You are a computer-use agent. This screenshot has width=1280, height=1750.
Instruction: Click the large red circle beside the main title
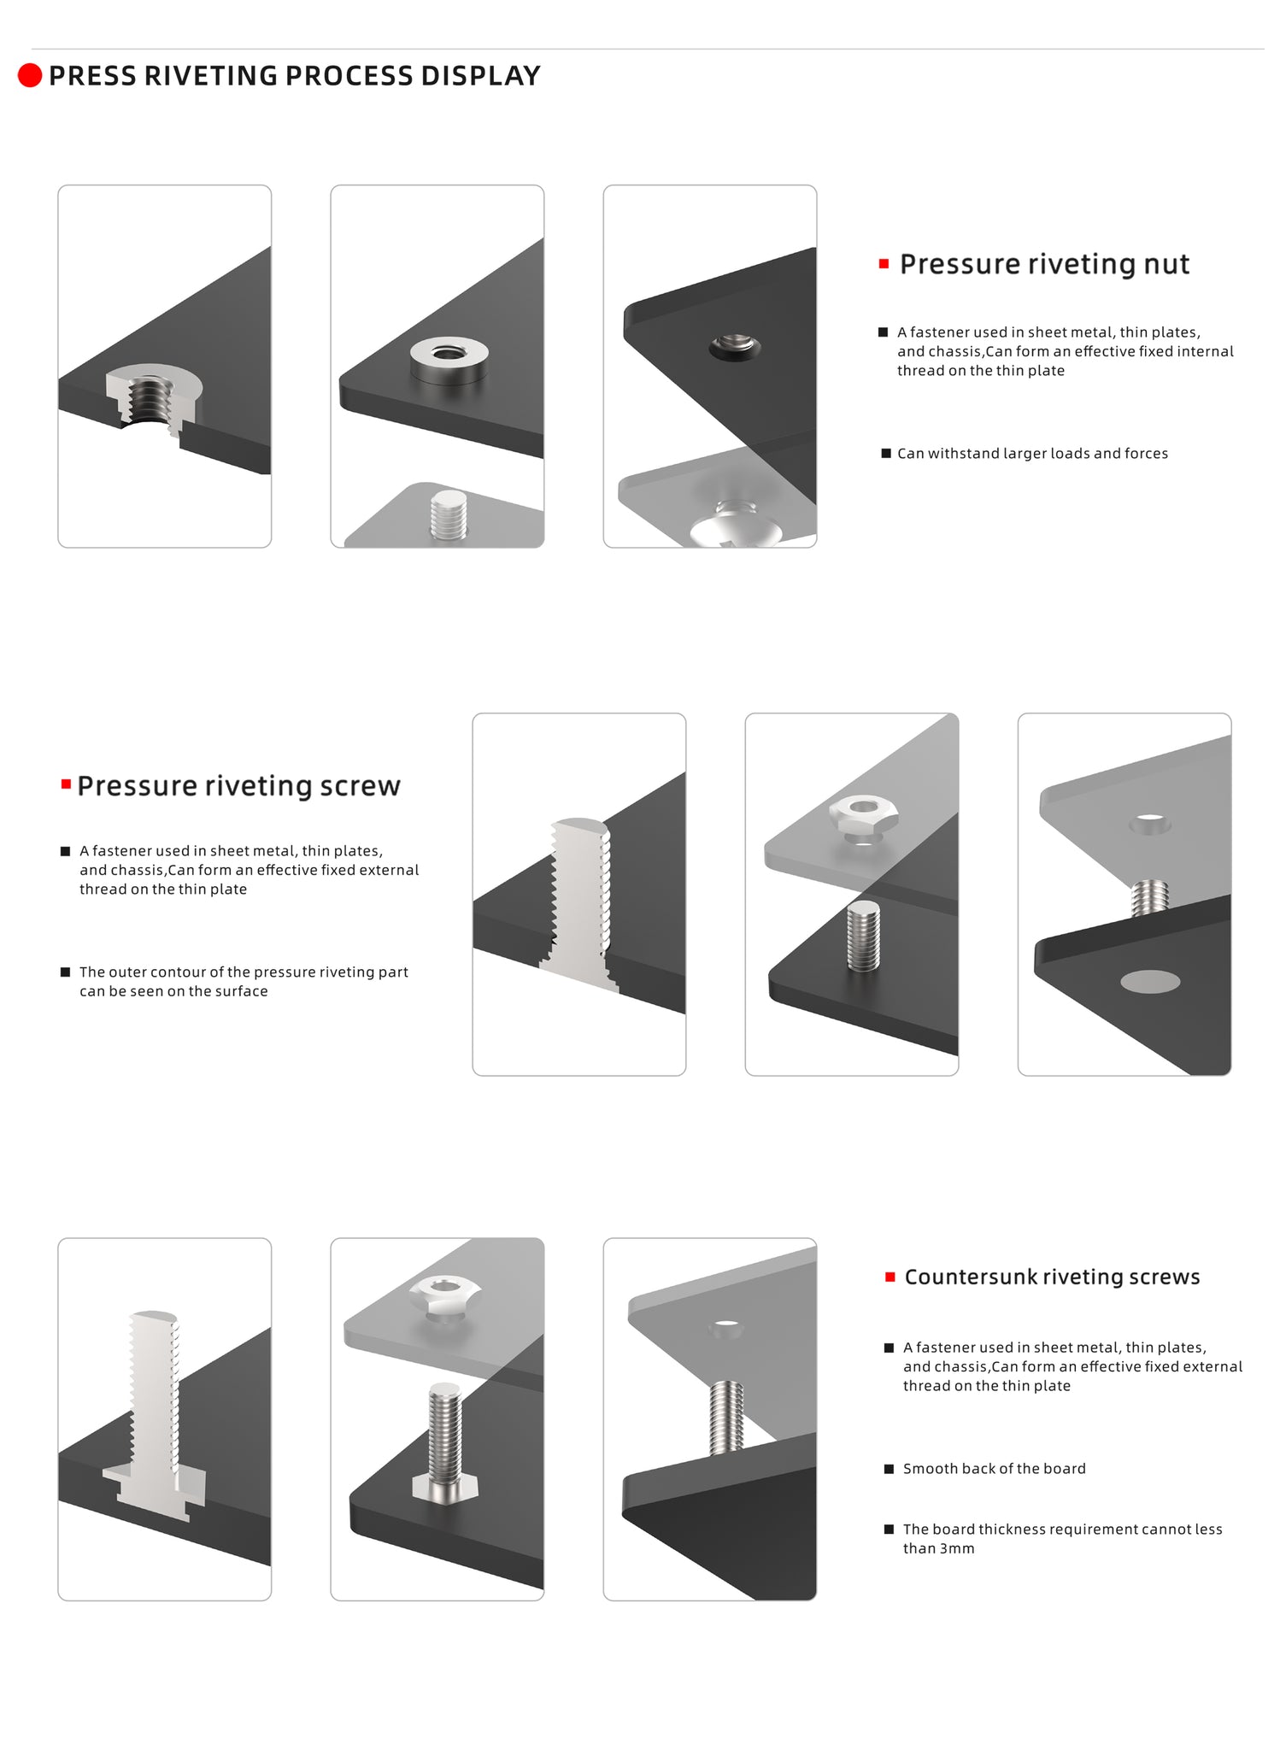30,75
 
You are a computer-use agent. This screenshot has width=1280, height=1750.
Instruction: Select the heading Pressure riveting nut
1044,264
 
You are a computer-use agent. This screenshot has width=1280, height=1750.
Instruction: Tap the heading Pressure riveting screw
238,786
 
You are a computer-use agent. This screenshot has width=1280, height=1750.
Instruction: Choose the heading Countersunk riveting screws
1052,1277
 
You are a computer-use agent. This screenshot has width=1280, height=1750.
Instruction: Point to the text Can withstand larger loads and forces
1032,454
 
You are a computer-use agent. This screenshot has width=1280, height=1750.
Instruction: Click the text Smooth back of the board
995,1469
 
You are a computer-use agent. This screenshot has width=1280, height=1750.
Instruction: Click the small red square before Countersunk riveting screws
890,1277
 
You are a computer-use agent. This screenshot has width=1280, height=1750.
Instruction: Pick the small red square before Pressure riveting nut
884,264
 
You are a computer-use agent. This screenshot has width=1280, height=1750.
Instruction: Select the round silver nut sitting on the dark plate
449,359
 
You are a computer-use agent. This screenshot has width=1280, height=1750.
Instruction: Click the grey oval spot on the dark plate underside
1150,982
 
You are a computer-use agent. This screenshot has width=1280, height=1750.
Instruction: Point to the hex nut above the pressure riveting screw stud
863,818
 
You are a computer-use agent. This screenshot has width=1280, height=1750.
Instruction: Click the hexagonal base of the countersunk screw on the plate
445,1486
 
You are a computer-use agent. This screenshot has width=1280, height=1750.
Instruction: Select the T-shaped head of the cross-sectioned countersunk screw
155,1490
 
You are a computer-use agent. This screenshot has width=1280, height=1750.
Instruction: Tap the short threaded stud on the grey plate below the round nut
449,514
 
